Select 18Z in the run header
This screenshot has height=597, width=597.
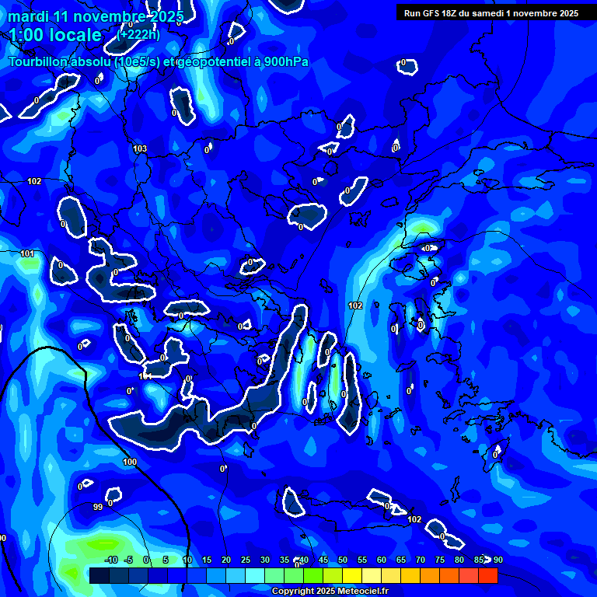point(454,13)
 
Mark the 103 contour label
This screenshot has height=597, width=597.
point(140,148)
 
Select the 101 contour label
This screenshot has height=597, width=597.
point(27,253)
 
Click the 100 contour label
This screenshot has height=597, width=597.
point(130,462)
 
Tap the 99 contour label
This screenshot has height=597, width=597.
point(98,507)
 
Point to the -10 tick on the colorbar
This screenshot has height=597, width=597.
point(110,560)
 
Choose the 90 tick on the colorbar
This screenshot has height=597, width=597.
point(497,560)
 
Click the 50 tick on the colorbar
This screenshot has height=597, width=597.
point(343,560)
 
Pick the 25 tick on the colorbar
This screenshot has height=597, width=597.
point(246,560)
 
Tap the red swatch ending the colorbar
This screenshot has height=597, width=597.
point(487,575)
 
